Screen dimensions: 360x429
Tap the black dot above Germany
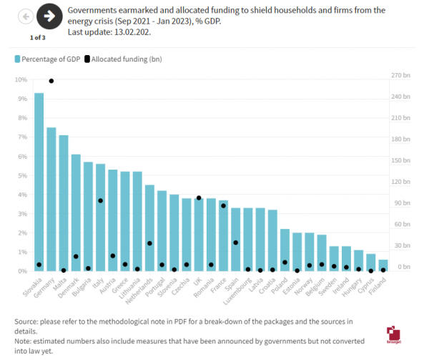coord(51,81)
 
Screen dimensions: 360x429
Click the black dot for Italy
coord(101,200)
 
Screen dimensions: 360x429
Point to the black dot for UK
coord(199,198)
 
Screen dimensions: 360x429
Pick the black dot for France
coord(223,205)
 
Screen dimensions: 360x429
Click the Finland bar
coord(383,265)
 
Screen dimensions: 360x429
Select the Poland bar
coord(285,250)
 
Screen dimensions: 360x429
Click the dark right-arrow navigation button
coord(49,15)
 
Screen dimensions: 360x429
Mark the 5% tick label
coord(21,175)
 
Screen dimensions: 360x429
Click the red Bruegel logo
coord(393,334)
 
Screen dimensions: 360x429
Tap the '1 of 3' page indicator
coord(38,37)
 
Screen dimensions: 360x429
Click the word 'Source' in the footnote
coord(26,321)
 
